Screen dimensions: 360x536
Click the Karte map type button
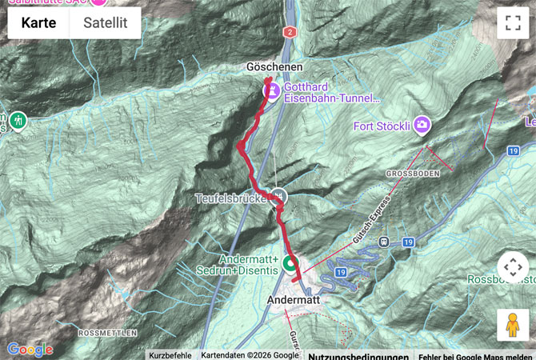38,22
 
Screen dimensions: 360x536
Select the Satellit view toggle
106,22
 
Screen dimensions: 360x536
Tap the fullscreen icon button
512,22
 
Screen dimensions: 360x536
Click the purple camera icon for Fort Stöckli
422,125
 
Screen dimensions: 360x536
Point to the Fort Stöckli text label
382,126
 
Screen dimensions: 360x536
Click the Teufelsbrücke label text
232,198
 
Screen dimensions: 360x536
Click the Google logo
30,350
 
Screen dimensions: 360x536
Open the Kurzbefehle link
170,355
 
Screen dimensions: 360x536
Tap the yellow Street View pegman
512,324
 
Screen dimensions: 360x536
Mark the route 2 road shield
289,31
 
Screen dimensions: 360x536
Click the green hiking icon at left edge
18,121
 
